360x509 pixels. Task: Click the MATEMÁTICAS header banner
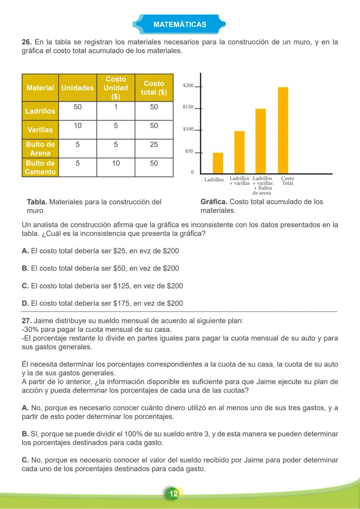[x=180, y=24]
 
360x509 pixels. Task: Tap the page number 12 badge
[x=173, y=493]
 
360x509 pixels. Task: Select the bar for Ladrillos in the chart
[x=218, y=163]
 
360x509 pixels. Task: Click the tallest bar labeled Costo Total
[x=283, y=130]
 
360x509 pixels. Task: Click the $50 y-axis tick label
[x=189, y=152]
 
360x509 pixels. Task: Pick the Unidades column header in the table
[x=77, y=88]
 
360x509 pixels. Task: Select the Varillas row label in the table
[x=40, y=130]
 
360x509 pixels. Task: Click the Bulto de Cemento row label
[x=40, y=167]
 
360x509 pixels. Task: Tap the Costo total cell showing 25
[x=154, y=144]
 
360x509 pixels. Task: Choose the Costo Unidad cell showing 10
[x=116, y=163]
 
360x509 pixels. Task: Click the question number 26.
[x=26, y=43]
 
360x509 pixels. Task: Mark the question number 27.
[x=26, y=321]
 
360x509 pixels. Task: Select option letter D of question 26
[x=25, y=303]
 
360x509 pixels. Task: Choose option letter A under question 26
[x=25, y=251]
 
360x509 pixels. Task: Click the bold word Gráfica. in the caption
[x=214, y=202]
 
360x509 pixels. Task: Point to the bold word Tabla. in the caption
[x=37, y=202]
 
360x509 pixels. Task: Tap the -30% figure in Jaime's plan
[x=29, y=329]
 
